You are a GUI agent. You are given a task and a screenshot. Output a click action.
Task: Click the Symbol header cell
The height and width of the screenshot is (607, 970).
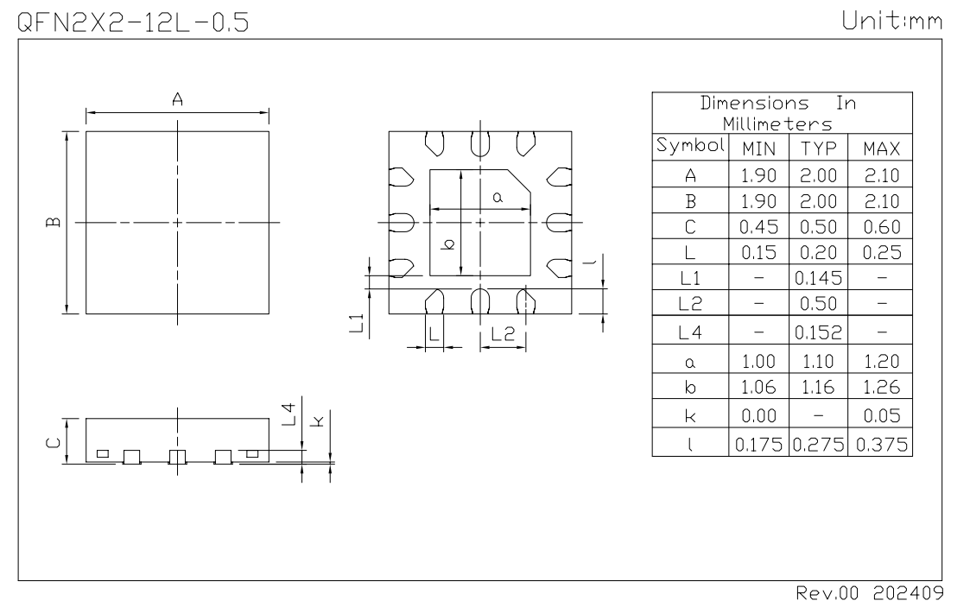click(690, 144)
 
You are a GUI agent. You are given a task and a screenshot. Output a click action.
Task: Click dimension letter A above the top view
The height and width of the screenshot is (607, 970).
click(178, 99)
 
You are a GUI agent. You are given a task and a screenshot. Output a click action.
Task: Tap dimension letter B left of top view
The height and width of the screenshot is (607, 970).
click(54, 223)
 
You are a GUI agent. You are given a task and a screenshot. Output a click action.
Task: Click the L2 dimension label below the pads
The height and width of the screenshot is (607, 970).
click(502, 333)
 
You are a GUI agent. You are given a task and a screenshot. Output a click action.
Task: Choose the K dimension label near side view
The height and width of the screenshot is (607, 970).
click(318, 421)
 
